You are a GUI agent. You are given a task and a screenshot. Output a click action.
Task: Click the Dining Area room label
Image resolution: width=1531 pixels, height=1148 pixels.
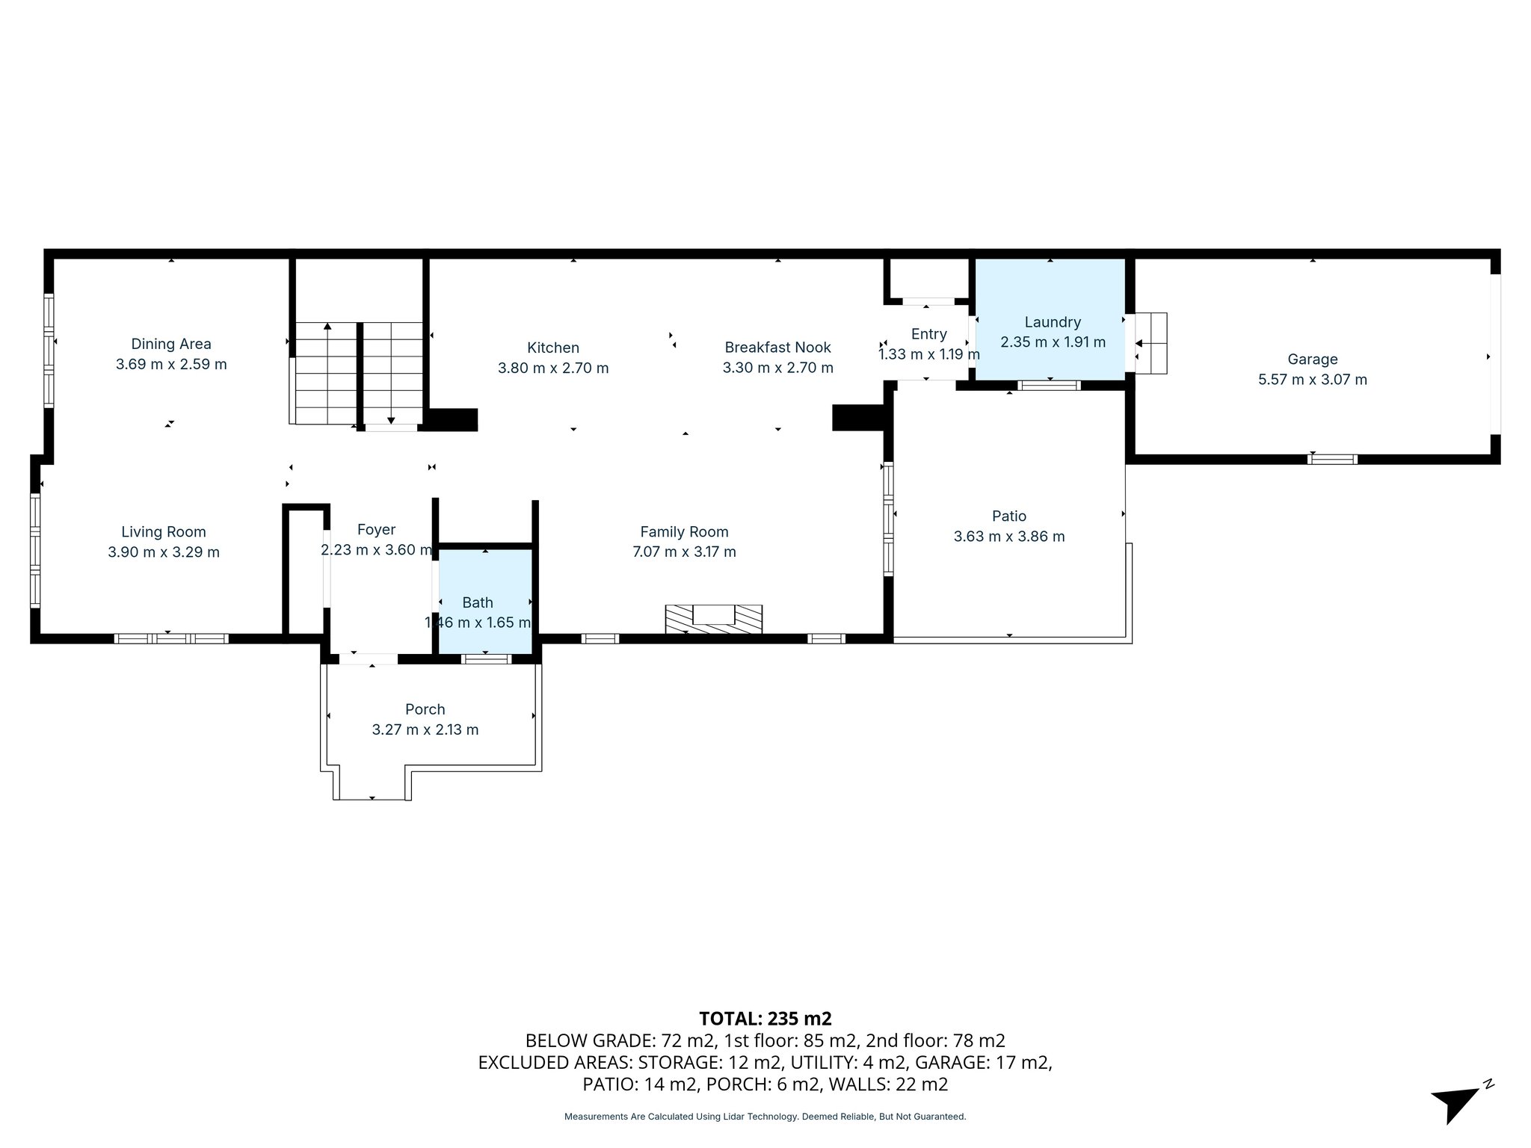[170, 344]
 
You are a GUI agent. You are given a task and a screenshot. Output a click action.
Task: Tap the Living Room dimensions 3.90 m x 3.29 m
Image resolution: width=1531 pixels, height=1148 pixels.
[164, 552]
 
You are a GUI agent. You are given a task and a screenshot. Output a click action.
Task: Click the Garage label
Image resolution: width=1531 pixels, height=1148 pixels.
[1312, 359]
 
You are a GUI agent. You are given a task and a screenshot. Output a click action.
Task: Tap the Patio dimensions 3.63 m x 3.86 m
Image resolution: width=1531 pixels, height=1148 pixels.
[1008, 537]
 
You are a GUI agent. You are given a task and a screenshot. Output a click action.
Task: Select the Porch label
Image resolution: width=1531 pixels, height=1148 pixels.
[425, 709]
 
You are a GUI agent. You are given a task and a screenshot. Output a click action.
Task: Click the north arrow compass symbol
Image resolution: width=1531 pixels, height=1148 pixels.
[1458, 1102]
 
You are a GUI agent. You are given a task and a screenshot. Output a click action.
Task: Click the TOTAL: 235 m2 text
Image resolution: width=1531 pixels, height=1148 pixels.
[765, 1019]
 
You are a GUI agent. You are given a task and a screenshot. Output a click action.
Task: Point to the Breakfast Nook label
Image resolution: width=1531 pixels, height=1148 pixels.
[777, 348]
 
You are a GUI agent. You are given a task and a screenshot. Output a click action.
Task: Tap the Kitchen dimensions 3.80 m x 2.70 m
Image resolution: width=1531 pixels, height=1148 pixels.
[553, 368]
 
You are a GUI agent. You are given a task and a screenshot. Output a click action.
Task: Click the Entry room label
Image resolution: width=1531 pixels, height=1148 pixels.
[928, 334]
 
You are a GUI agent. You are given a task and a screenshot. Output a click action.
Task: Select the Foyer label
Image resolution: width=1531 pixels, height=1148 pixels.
[376, 530]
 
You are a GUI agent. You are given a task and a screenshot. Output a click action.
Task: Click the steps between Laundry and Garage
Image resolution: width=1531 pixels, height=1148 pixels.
[1150, 343]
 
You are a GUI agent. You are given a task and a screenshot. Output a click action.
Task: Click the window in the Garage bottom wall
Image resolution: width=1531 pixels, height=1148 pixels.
[1332, 459]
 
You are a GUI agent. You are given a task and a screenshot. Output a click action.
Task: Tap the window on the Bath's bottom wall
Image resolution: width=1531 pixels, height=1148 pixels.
[486, 658]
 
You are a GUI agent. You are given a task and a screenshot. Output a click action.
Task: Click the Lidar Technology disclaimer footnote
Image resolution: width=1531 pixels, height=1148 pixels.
[765, 1117]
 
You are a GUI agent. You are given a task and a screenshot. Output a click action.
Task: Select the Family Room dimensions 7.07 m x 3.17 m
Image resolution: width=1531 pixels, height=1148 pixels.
[684, 552]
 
